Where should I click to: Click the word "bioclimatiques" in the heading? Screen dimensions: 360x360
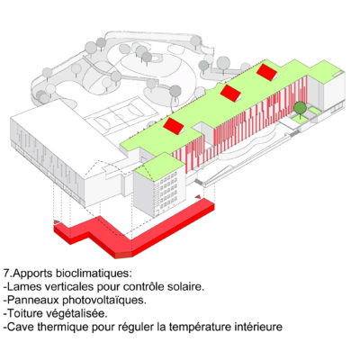[93, 274]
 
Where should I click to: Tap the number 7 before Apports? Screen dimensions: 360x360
[6, 274]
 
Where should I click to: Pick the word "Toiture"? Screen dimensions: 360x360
[25, 313]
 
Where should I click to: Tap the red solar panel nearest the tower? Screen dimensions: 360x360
[175, 126]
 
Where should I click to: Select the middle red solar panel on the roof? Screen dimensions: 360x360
[231, 93]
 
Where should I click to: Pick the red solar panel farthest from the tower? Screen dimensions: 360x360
[267, 72]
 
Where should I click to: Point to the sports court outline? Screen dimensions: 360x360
[123, 115]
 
